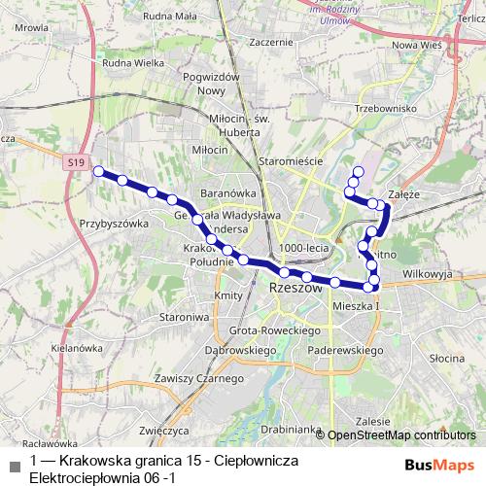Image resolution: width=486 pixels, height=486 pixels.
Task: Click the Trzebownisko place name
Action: [x=386, y=108]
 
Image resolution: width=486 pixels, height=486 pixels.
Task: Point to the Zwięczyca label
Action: [x=163, y=428]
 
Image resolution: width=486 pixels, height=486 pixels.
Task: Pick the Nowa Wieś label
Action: [x=417, y=46]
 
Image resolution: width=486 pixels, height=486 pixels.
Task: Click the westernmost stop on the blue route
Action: [x=97, y=171]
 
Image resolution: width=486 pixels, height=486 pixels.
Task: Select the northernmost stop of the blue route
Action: [x=358, y=172]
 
